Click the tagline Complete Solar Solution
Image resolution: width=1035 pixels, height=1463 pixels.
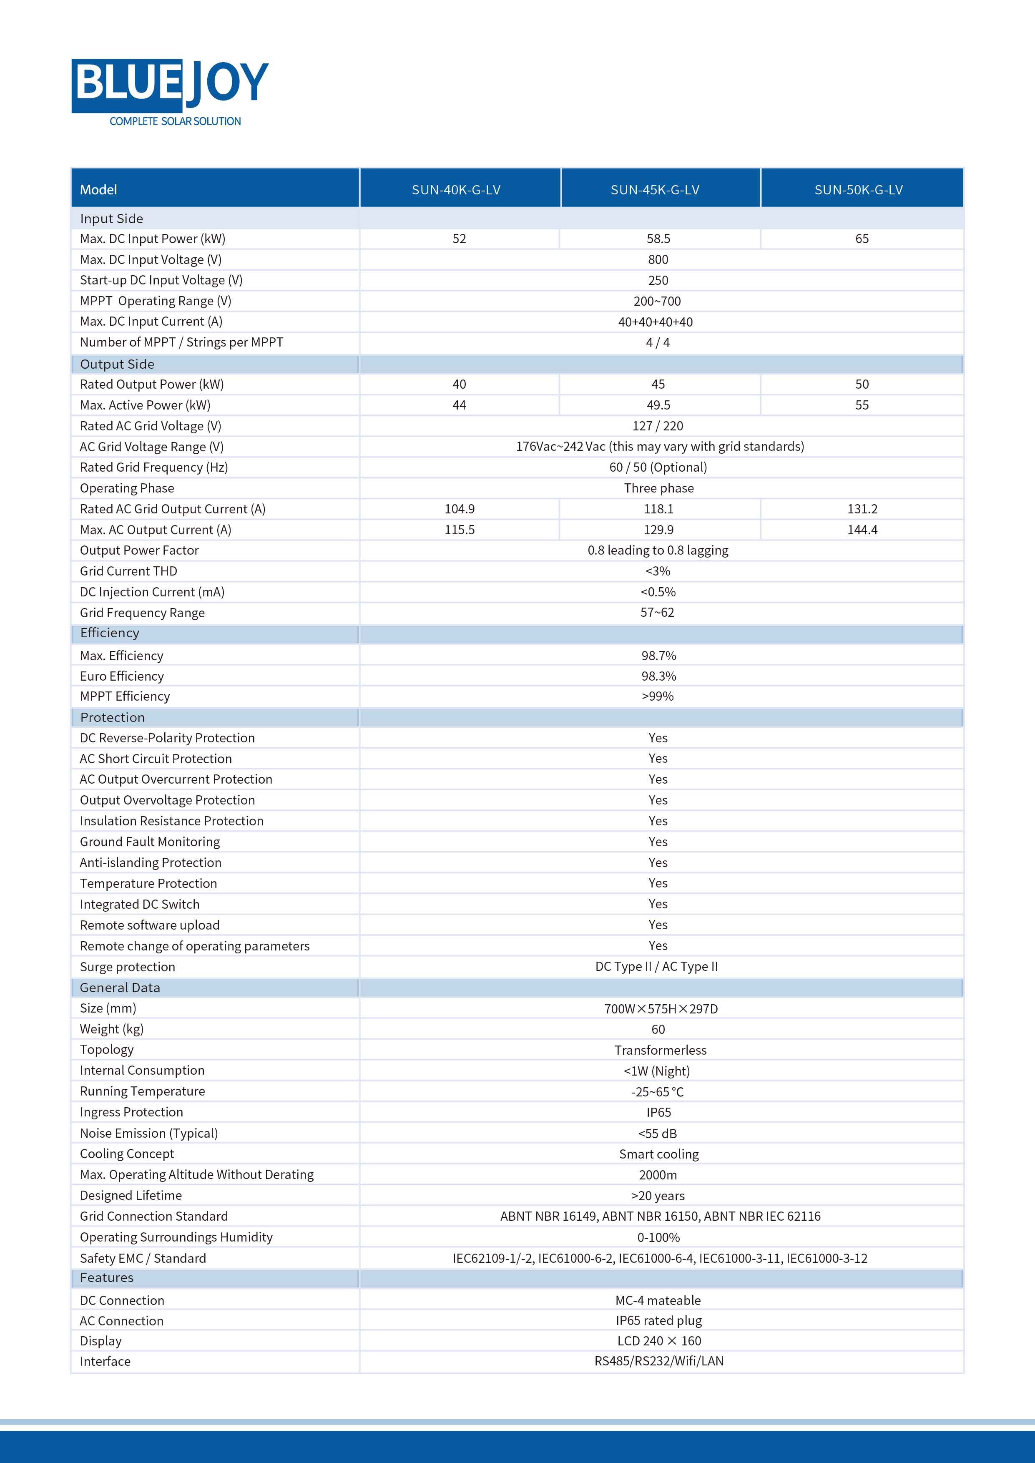pyautogui.click(x=175, y=121)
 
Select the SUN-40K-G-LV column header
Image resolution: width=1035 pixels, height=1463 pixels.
pyautogui.click(x=456, y=190)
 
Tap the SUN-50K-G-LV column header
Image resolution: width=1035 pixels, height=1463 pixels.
pyautogui.click(x=859, y=190)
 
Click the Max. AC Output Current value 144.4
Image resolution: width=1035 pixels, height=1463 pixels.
pyautogui.click(x=862, y=530)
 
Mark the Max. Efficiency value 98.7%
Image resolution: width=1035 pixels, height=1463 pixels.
pyautogui.click(x=658, y=656)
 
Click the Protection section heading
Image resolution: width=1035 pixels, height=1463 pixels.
pyautogui.click(x=113, y=717)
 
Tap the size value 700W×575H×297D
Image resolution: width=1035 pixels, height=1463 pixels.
pyautogui.click(x=661, y=1009)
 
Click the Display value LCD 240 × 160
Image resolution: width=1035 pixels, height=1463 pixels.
pyautogui.click(x=659, y=1341)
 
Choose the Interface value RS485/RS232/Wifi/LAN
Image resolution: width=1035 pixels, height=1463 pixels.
pyautogui.click(x=659, y=1362)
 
